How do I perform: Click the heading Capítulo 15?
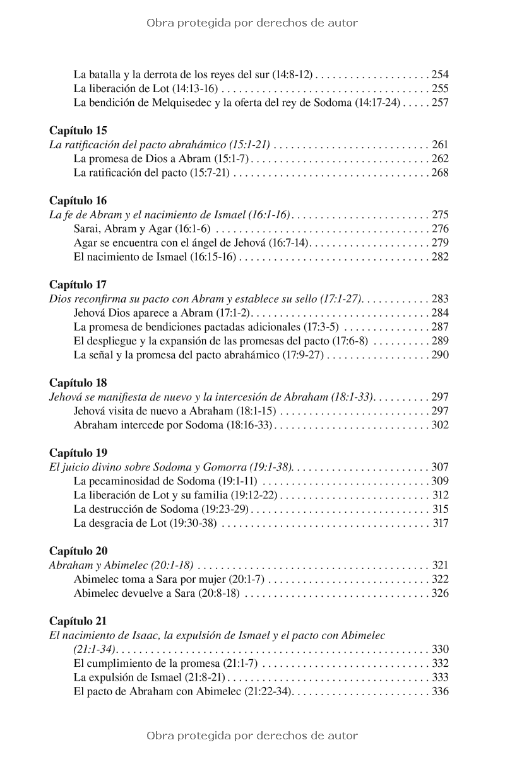pyautogui.click(x=78, y=131)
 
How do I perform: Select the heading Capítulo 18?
pyautogui.click(x=78, y=383)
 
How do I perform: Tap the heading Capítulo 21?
pyautogui.click(x=78, y=621)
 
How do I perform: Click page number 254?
pyautogui.click(x=440, y=74)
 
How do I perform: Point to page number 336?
pyautogui.click(x=440, y=691)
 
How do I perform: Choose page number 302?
pyautogui.click(x=440, y=425)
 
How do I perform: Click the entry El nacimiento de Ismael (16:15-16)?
pyautogui.click(x=155, y=257)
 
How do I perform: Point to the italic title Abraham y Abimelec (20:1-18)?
pyautogui.click(x=121, y=565)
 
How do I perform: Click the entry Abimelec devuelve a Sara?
pyautogui.click(x=156, y=593)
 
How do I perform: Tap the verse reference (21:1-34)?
pyautogui.click(x=95, y=649)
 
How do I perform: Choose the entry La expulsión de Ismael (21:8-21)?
pyautogui.click(x=150, y=678)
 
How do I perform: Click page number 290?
pyautogui.click(x=440, y=355)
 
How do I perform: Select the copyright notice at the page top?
pyautogui.click(x=252, y=23)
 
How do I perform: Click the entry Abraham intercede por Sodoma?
pyautogui.click(x=172, y=425)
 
